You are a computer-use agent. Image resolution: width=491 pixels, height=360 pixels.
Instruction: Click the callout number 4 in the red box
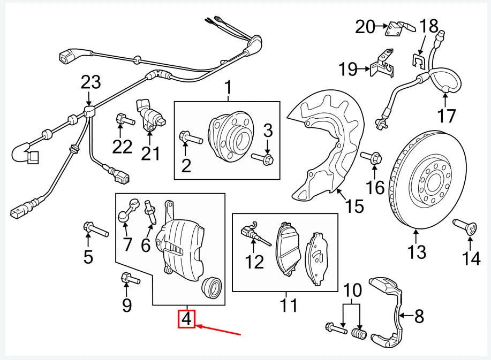click(x=186, y=319)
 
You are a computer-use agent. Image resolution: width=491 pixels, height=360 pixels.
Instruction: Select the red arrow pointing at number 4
click(x=220, y=330)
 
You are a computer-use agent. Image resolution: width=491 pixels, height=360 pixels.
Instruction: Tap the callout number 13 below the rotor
click(x=417, y=251)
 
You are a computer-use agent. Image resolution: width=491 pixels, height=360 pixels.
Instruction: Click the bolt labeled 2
click(x=191, y=138)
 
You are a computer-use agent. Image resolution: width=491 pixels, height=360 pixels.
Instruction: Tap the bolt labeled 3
click(x=262, y=158)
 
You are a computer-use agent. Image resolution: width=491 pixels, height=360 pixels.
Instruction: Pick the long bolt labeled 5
click(x=95, y=231)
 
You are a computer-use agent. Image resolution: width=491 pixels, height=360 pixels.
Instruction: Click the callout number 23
click(x=90, y=82)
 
